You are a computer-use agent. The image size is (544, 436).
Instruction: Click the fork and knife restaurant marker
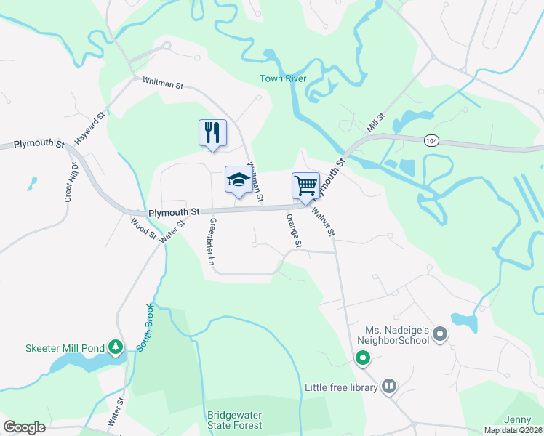coord(212,133)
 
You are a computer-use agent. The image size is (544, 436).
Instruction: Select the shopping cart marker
coord(305,185)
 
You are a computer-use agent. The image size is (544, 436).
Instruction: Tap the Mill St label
coord(375,123)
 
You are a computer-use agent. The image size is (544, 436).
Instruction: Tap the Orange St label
coord(293,229)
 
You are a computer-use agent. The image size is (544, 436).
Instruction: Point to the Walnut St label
coord(323,223)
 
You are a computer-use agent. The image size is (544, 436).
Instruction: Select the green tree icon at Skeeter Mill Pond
coord(114,346)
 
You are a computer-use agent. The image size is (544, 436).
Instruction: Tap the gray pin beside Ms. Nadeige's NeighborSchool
coord(439,334)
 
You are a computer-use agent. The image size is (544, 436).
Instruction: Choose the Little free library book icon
coord(389,387)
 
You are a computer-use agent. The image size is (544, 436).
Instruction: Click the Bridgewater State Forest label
coord(234,420)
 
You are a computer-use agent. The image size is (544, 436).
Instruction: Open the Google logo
coord(25,427)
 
